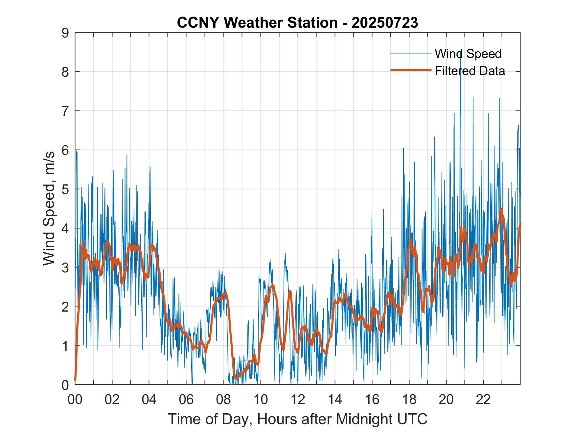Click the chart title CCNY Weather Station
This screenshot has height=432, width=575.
click(257, 23)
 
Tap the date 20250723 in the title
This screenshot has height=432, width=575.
click(385, 23)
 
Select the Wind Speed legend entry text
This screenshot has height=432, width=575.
click(468, 54)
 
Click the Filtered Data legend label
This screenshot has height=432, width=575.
click(470, 71)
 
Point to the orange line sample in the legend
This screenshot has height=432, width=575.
click(411, 70)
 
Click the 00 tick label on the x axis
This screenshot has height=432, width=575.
click(75, 399)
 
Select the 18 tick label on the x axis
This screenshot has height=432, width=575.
click(409, 399)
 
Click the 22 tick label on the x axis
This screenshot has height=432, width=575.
click(483, 399)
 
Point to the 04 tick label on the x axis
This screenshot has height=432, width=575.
click(149, 399)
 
